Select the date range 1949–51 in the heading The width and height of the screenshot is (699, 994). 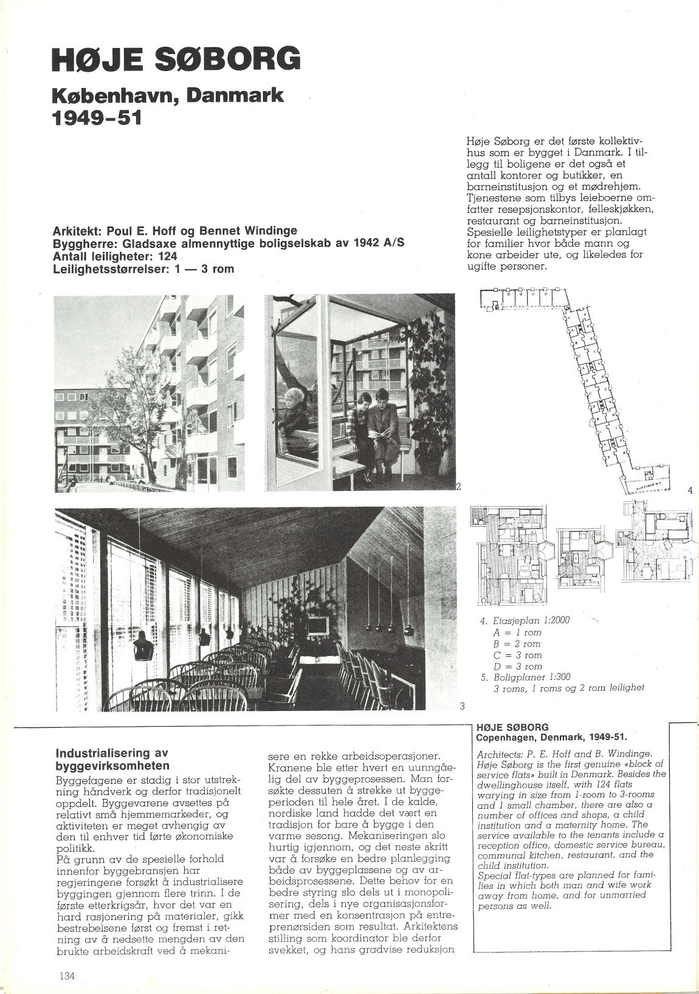pos(97,117)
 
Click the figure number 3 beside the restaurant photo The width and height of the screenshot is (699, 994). pos(462,705)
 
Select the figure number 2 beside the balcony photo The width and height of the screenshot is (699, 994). pos(459,486)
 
